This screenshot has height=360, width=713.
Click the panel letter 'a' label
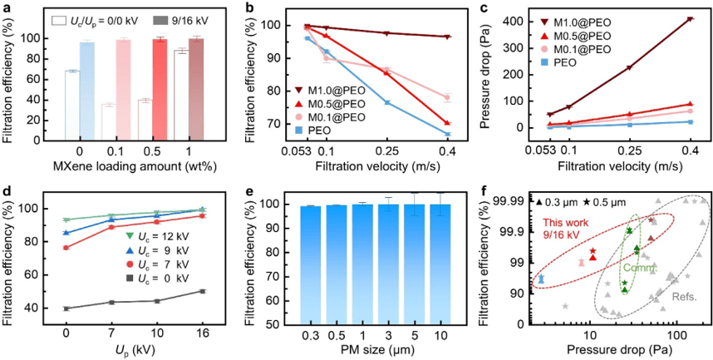click(x=6, y=6)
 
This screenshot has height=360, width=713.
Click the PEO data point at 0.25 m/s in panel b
click(x=386, y=102)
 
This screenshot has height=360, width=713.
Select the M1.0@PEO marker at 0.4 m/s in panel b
click(x=447, y=37)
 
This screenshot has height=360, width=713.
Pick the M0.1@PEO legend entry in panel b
click(x=337, y=117)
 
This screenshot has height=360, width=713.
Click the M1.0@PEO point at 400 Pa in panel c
click(x=691, y=19)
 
